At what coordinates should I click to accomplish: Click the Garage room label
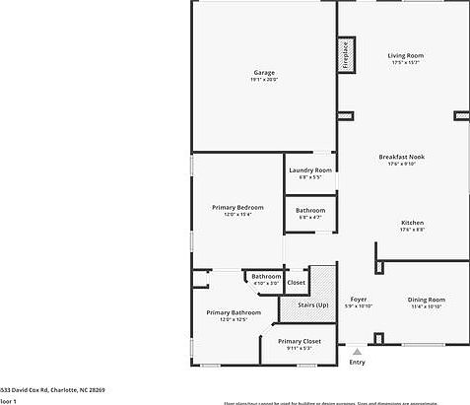[263, 73]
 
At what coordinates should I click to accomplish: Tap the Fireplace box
[346, 55]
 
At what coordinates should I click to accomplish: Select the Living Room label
[405, 55]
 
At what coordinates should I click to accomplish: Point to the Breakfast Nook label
[401, 157]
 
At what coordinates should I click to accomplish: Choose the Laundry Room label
[310, 169]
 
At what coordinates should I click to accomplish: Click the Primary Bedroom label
[237, 207]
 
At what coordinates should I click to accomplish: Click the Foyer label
[359, 299]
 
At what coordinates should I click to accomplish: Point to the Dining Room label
[427, 299]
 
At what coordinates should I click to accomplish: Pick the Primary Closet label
[299, 341]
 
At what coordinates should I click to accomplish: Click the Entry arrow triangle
[357, 351]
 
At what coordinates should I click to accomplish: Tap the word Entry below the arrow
[357, 362]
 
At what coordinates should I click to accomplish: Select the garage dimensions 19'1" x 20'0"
[263, 80]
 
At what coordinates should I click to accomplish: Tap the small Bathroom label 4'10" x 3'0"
[266, 283]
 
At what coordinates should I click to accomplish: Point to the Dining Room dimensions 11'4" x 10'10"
[427, 306]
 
